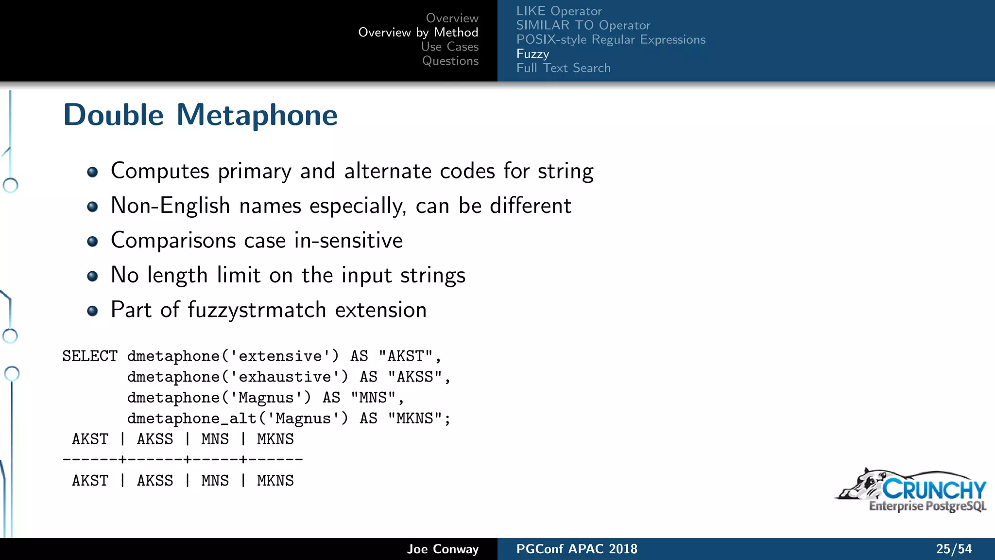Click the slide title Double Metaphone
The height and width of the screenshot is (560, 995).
click(x=200, y=115)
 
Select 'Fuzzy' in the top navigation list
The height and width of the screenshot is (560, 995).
click(x=532, y=53)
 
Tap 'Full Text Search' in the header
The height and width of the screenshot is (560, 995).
click(x=563, y=68)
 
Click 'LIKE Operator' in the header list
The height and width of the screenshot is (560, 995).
click(x=559, y=11)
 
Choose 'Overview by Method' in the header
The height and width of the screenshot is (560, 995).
click(x=418, y=32)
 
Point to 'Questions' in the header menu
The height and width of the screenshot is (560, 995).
click(x=450, y=61)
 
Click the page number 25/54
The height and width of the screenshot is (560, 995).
click(x=954, y=549)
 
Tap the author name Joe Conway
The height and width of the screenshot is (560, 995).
click(x=443, y=549)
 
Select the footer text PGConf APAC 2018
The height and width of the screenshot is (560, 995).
click(x=576, y=549)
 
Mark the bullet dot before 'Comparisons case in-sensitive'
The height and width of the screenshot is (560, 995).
click(x=92, y=242)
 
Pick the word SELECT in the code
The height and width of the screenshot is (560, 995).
click(x=90, y=356)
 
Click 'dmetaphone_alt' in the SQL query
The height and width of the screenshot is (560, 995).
click(x=192, y=419)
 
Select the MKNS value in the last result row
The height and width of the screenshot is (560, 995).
click(x=275, y=481)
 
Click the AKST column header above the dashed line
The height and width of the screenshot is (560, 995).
click(x=90, y=439)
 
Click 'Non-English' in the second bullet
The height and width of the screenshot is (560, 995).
click(x=170, y=206)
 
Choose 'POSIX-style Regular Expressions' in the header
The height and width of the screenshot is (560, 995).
click(x=611, y=39)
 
